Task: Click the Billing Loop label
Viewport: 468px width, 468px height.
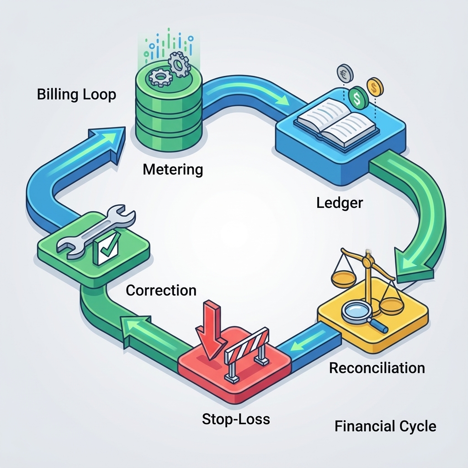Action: tap(76, 95)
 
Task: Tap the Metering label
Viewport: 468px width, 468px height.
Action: tap(173, 170)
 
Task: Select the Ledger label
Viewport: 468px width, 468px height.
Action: tap(340, 203)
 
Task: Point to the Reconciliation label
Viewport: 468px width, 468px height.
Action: tap(377, 368)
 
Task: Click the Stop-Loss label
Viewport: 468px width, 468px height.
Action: tap(236, 419)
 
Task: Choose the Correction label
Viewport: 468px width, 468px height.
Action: tap(161, 290)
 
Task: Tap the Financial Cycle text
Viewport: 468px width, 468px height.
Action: tap(385, 426)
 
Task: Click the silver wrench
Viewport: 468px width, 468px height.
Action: tap(96, 230)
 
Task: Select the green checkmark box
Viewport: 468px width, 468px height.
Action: tap(106, 248)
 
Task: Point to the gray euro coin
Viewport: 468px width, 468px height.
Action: tap(345, 73)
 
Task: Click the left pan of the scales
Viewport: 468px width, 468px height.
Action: tap(344, 277)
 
